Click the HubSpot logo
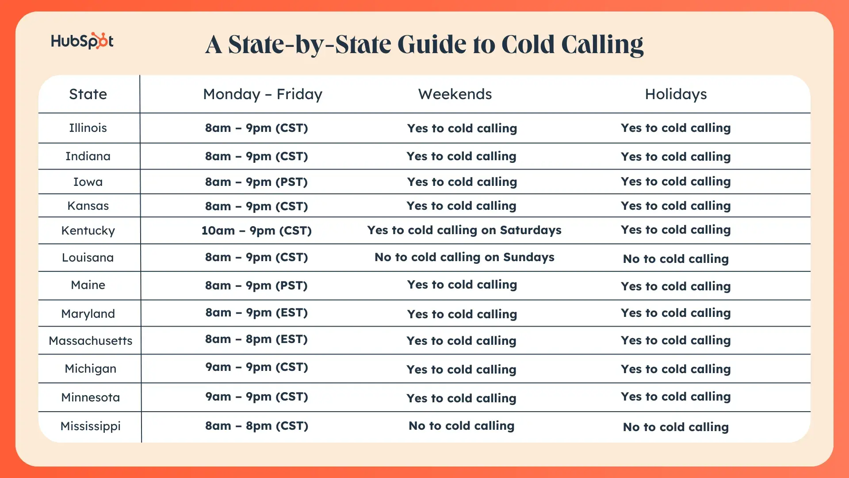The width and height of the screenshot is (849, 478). [82, 41]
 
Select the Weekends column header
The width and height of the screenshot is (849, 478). [455, 94]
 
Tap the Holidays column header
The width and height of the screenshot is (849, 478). [676, 94]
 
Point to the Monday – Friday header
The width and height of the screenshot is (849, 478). [263, 94]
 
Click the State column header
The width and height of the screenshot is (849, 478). [88, 94]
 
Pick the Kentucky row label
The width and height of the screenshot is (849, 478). [88, 231]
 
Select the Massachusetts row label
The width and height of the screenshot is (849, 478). [91, 341]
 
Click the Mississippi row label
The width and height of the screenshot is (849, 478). [91, 426]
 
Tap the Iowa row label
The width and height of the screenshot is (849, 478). [88, 182]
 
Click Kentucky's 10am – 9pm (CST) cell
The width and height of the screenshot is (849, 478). [256, 231]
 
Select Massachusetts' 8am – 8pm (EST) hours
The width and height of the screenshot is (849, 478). [256, 339]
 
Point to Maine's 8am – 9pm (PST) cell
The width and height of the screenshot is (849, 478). [256, 285]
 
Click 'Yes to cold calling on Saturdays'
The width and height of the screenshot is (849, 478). [464, 230]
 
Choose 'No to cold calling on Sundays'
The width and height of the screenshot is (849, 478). [464, 257]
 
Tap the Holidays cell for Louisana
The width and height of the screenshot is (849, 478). [676, 259]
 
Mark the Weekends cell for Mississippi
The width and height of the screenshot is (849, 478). [462, 426]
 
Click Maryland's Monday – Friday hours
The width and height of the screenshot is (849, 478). [256, 313]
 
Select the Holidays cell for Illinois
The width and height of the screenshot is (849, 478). [676, 128]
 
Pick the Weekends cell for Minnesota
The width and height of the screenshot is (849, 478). [462, 398]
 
